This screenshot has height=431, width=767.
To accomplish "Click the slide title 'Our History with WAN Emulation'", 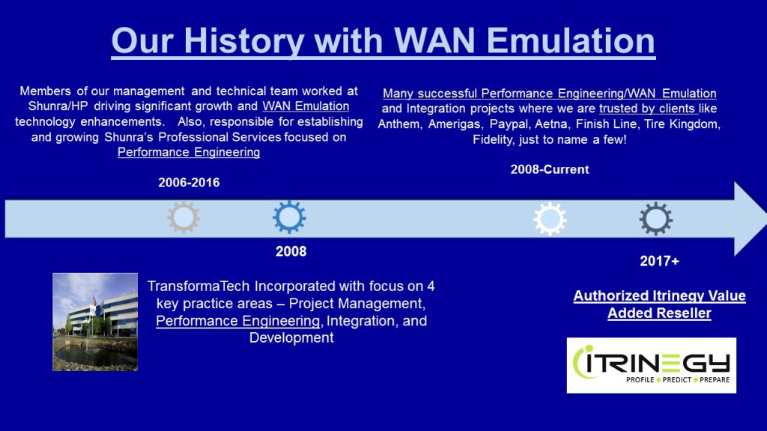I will coord(383,40).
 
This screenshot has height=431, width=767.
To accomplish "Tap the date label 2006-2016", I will coord(189,183).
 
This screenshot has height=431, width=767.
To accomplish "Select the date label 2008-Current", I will coord(549,169).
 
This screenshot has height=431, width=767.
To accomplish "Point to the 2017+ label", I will coord(659,261).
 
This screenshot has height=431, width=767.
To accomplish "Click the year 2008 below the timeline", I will coord(291,251).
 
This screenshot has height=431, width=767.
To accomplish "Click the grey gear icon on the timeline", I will coord(183,218).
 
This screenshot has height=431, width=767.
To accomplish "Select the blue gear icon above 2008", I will coord(289,218).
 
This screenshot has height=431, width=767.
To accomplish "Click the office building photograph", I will coord(95,322).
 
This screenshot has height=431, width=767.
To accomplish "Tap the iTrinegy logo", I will coord(651,365).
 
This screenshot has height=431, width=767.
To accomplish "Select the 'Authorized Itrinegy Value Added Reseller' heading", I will coord(659,305).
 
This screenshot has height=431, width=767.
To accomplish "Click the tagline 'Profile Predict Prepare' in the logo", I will coord(677,381).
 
